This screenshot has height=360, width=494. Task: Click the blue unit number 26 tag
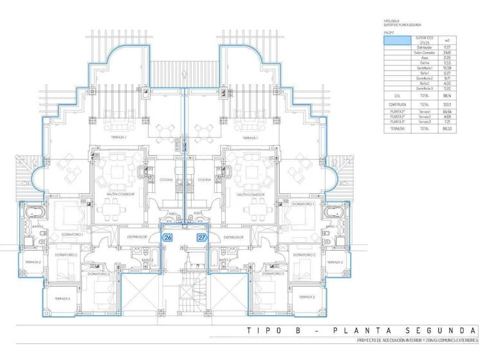coord(168,237)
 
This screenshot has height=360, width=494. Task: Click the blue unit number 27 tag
coord(202,237)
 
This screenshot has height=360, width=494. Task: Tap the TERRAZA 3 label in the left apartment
coord(62,298)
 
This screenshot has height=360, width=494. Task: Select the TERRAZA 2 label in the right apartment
coord(334,262)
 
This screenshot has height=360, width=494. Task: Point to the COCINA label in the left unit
coord(166,179)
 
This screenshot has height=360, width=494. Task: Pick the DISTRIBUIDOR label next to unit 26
coord(137,237)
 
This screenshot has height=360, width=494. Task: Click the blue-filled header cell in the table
coord(397,40)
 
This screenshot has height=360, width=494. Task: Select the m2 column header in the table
coord(446,40)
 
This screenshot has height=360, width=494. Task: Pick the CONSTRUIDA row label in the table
coord(396,104)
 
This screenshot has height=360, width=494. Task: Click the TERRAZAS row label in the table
coord(396,128)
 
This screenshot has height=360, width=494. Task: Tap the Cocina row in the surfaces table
coord(424,62)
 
